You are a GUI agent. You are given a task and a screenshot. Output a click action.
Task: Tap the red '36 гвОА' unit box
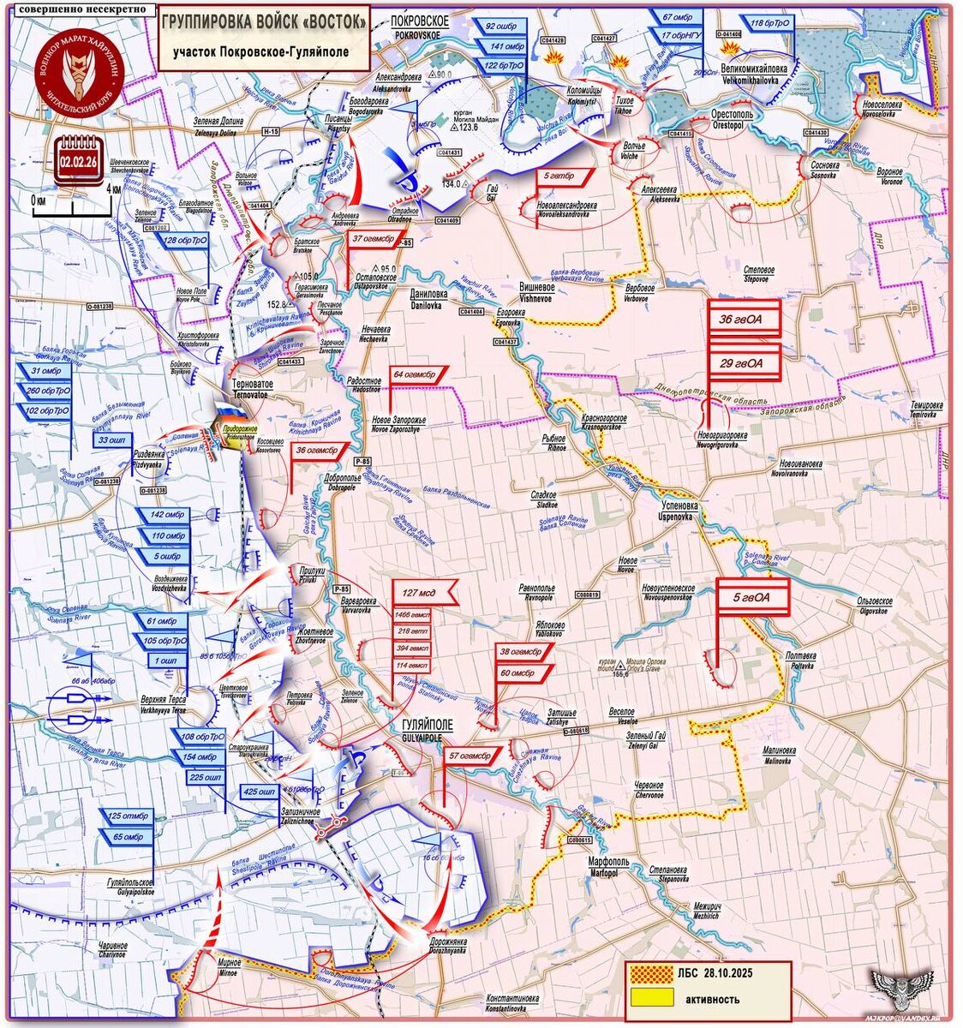743,320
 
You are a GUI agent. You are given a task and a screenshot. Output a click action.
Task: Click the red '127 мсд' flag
420,593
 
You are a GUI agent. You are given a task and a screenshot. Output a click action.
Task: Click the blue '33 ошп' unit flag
112,440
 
